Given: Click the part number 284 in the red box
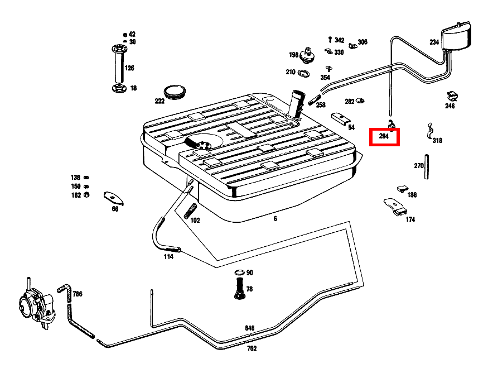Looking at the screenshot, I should coord(384,136).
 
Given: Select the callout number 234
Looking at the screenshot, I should coord(434,42).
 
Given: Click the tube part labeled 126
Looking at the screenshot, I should coord(118,65).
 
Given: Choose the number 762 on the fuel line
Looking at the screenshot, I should coord(252,349).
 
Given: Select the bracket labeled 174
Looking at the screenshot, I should coord(395,206).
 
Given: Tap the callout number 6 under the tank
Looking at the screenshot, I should coord(275,219).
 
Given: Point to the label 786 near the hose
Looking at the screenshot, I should coord(77,294).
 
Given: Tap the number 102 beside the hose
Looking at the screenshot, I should coord(195,221).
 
